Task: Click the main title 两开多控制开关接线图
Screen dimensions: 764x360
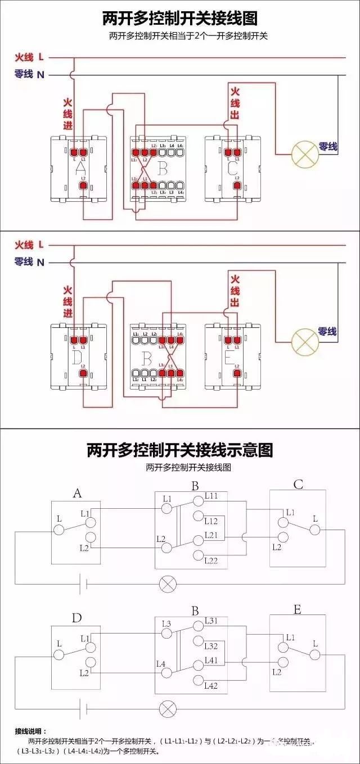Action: click(179, 19)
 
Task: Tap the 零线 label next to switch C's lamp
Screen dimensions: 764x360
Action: click(328, 147)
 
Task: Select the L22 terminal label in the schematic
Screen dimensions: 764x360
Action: click(211, 560)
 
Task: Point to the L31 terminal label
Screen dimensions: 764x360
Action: click(211, 621)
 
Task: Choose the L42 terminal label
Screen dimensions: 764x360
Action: click(211, 685)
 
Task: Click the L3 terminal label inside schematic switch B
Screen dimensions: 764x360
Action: click(166, 623)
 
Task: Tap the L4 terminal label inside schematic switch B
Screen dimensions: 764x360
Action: click(160, 664)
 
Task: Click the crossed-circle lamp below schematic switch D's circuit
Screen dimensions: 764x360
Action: click(167, 708)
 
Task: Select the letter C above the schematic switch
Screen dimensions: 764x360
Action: click(298, 484)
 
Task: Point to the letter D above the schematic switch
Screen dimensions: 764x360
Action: click(77, 618)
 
